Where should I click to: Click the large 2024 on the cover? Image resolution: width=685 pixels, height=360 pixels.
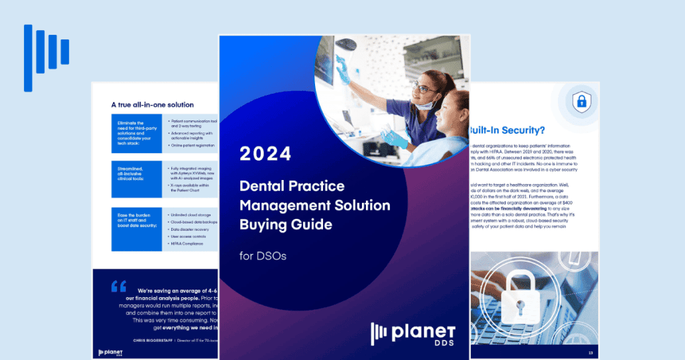266,153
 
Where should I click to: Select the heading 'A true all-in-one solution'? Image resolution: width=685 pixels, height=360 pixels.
153,104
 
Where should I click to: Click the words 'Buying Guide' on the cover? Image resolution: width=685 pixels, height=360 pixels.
286,224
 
